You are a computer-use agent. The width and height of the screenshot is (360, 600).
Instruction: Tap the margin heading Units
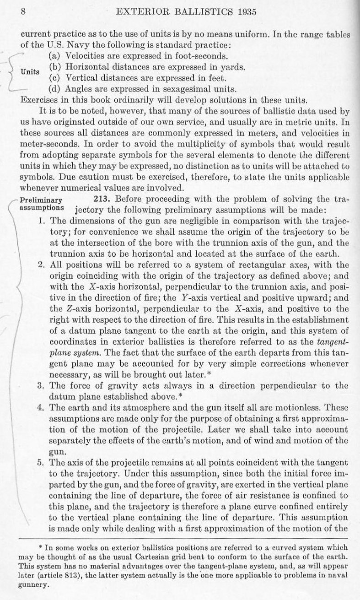pos(30,72)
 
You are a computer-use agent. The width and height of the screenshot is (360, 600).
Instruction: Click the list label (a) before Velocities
pos(55,56)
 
